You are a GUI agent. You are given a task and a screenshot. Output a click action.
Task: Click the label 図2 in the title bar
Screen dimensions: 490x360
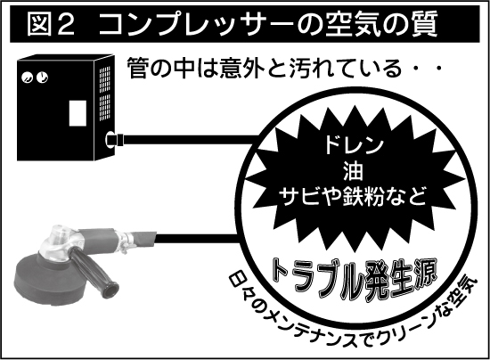pos(51,24)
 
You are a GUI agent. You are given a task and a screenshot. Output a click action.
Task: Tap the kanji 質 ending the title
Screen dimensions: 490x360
pos(423,24)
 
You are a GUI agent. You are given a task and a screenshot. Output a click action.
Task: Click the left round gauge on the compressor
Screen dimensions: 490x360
pos(28,78)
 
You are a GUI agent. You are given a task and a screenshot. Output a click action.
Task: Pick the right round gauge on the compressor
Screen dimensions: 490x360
pos(42,77)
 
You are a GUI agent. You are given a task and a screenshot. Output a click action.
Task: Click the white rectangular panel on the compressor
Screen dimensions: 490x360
pos(78,113)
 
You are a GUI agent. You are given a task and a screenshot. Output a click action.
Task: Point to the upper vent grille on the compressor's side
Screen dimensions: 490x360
pos(105,79)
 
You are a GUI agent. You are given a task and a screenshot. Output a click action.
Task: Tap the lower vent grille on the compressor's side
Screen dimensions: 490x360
pos(105,107)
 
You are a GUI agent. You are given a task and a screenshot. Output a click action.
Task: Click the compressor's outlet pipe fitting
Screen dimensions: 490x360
pos(115,139)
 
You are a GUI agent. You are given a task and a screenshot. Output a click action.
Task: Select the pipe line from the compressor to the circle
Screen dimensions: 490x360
pos(192,139)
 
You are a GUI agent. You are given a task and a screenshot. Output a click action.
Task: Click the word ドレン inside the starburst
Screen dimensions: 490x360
pos(354,145)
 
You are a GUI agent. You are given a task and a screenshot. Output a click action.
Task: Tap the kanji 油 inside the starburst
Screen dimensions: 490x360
pos(353,171)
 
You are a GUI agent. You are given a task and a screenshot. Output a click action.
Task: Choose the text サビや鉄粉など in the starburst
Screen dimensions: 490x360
pos(353,196)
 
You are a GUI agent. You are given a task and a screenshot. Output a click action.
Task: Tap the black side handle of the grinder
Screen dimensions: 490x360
pos(94,268)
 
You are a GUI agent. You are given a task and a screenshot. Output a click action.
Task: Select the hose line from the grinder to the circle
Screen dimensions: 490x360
pos(196,239)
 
